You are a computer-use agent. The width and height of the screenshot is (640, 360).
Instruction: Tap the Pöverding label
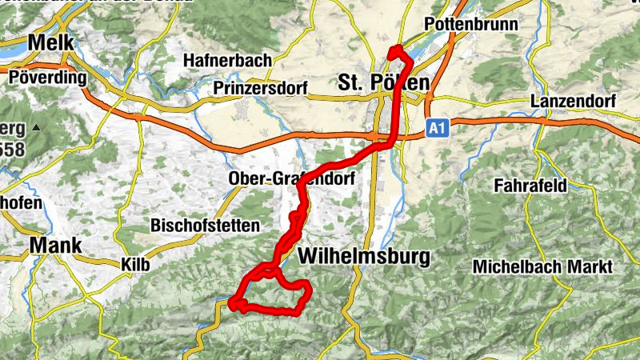coord(48,78)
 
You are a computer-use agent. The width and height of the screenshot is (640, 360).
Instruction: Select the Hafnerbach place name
coord(227,60)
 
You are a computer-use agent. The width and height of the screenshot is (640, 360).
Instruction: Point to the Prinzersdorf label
coord(261,89)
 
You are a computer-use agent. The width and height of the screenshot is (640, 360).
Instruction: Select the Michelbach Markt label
coord(542,266)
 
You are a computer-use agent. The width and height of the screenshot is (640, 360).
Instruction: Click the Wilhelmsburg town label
coord(363,257)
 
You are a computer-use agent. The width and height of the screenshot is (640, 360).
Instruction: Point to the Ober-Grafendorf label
coord(290,178)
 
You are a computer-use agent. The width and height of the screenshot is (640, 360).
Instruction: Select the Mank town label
coord(55,245)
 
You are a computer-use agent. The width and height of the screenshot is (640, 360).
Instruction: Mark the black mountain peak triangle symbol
coord(35,128)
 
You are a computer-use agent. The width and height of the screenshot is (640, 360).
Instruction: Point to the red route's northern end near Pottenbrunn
coord(394,52)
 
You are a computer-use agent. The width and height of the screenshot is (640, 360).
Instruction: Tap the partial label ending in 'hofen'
coord(21,203)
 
